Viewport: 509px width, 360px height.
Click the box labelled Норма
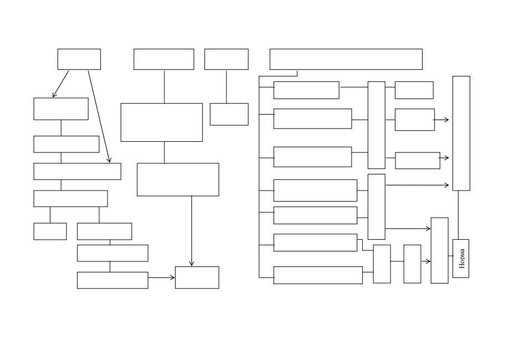[461, 259]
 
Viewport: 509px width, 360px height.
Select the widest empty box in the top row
[346, 59]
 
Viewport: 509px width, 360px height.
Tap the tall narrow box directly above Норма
[461, 133]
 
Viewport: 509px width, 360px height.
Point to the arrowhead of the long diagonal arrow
[110, 160]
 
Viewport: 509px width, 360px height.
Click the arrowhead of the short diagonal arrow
[54, 95]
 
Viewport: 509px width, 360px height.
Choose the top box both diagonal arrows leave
[79, 59]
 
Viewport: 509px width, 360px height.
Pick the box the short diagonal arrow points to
[61, 109]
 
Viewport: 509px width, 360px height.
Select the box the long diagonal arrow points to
[77, 171]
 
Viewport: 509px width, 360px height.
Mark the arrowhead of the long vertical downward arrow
[192, 264]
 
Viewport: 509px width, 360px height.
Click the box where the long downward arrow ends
[197, 277]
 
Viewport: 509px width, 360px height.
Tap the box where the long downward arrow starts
[178, 179]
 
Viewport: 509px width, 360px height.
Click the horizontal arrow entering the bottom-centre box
[161, 277]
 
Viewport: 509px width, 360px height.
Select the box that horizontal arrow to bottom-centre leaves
[112, 280]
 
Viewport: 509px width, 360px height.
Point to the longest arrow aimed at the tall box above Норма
[417, 185]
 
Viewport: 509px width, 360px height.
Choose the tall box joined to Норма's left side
[440, 250]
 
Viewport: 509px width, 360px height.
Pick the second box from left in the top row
[163, 59]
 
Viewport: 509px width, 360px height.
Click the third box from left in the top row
[227, 59]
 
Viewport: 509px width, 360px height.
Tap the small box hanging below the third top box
[229, 114]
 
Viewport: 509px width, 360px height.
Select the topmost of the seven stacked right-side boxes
[306, 90]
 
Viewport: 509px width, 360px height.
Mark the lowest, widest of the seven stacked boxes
[318, 275]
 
